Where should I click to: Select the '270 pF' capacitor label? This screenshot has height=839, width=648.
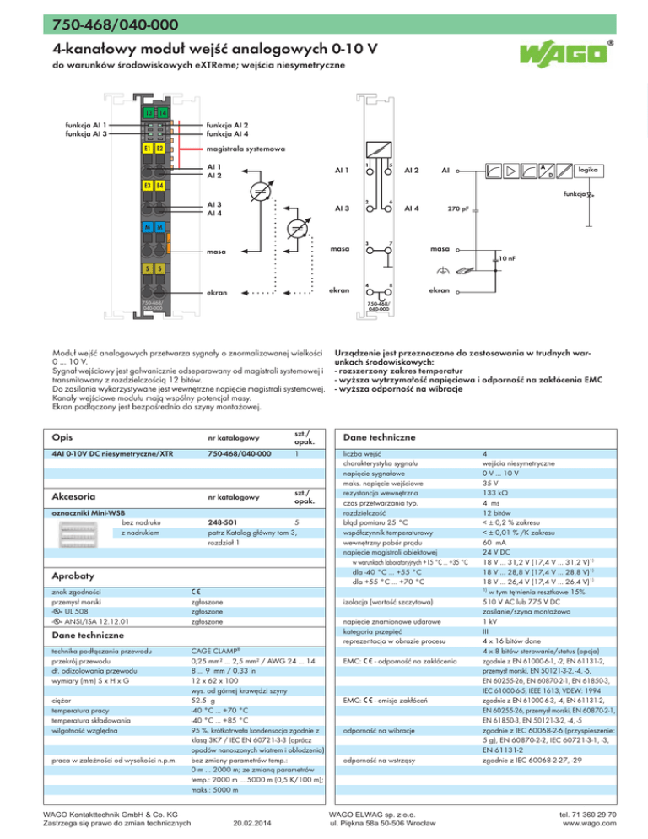[x=457, y=208]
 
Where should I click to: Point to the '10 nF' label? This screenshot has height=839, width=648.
[x=507, y=256]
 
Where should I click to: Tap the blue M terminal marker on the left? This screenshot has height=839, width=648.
[x=148, y=228]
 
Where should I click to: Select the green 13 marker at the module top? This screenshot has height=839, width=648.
[x=148, y=114]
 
